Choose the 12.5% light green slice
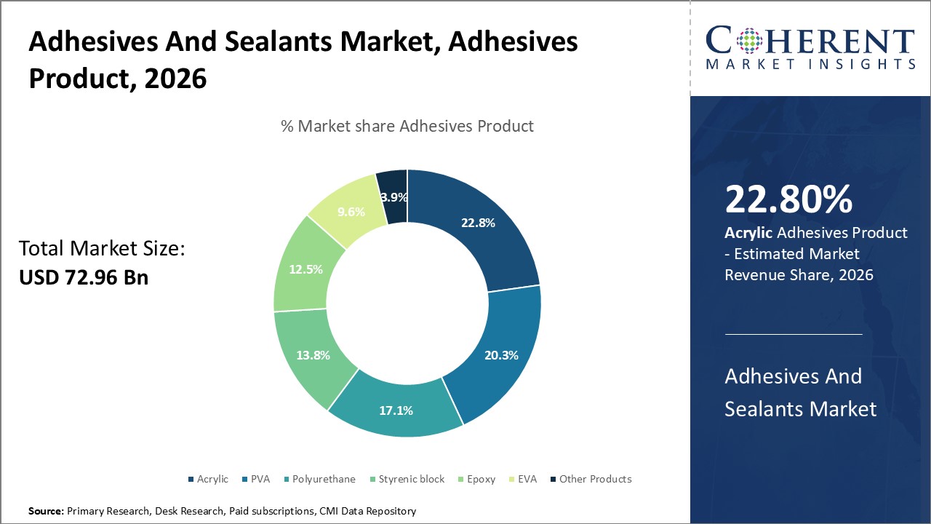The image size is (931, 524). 305,269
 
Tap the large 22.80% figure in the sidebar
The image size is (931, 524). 788,200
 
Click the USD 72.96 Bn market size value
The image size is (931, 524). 84,277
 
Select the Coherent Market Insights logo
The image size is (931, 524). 810,48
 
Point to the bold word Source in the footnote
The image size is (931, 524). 46,512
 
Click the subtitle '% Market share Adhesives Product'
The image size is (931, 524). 407,126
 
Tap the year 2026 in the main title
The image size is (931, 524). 175,78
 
